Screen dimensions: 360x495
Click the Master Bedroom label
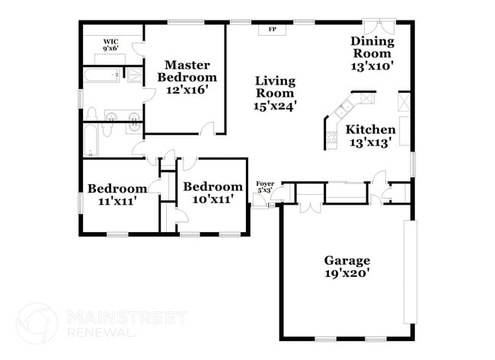pyautogui.click(x=187, y=77)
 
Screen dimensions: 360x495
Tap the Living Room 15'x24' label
pyautogui.click(x=275, y=93)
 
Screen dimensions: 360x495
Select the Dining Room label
pyautogui.click(x=372, y=53)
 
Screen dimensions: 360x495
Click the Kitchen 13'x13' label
pyautogui.click(x=372, y=135)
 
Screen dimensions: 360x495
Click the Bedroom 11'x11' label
pyautogui.click(x=117, y=196)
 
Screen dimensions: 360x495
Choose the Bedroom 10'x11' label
pyautogui.click(x=212, y=193)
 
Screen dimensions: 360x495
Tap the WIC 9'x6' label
pyautogui.click(x=111, y=46)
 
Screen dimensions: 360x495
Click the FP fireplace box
pyautogui.click(x=271, y=30)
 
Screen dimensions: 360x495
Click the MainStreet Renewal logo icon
pyautogui.click(x=37, y=323)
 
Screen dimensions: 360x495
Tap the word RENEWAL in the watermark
pyautogui.click(x=104, y=333)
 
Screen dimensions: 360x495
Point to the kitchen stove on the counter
pyautogui.click(x=331, y=138)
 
